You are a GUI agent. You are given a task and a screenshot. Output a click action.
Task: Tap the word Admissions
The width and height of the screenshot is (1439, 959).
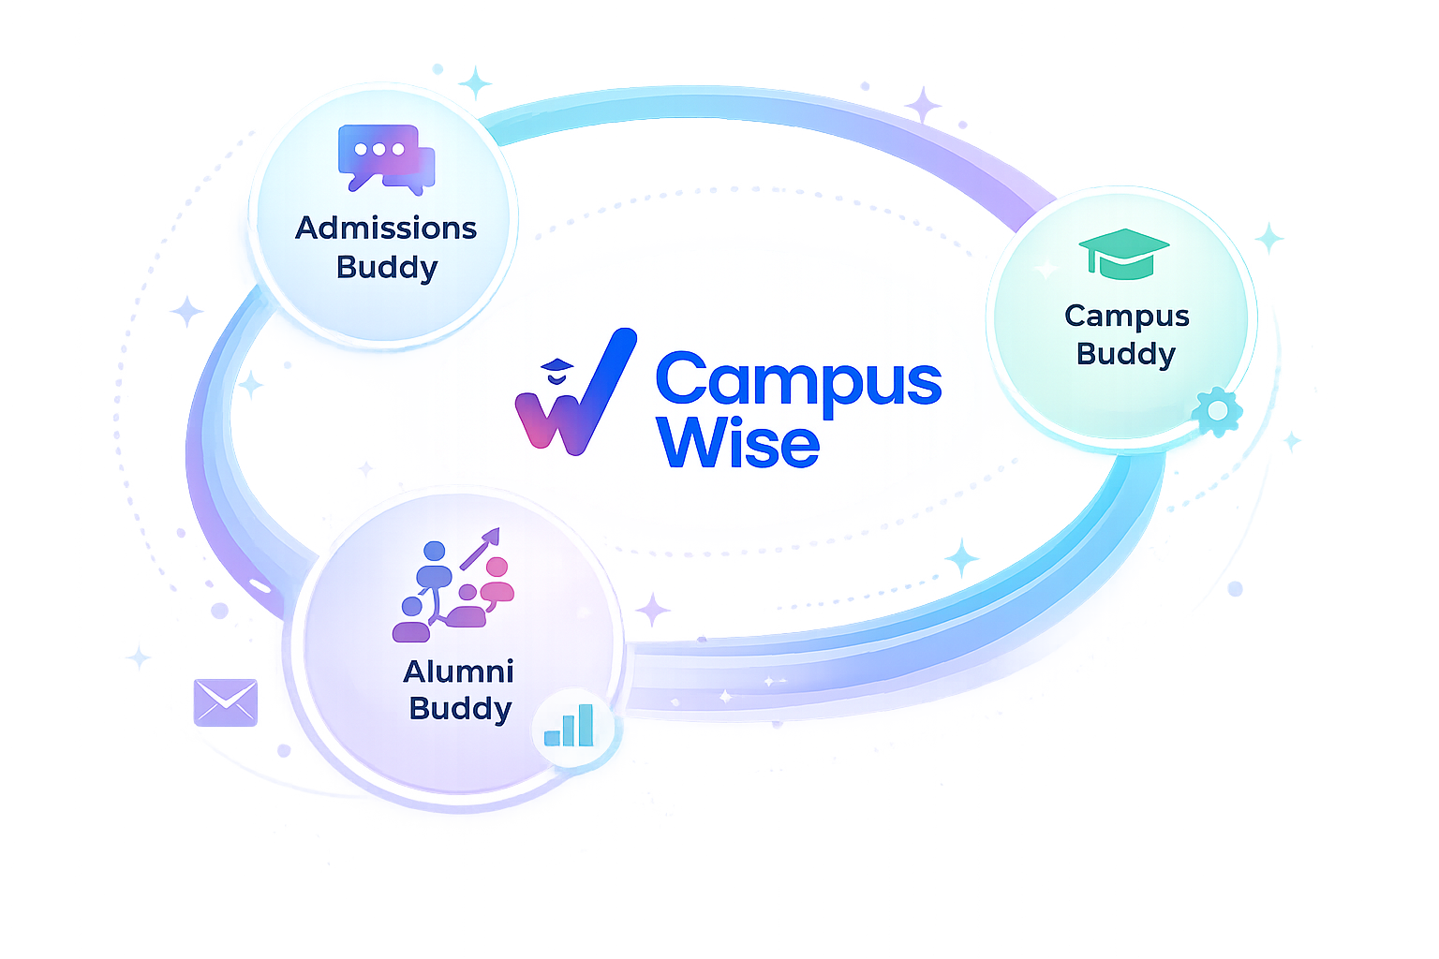(x=386, y=228)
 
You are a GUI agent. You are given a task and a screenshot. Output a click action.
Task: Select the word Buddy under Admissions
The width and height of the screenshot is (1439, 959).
(x=387, y=268)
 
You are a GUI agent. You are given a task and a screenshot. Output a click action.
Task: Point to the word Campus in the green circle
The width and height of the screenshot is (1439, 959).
(x=1126, y=317)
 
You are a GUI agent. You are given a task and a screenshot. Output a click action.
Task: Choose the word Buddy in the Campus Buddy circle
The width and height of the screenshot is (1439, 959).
(x=1125, y=354)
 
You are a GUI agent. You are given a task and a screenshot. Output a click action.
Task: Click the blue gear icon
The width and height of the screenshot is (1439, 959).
(x=1217, y=410)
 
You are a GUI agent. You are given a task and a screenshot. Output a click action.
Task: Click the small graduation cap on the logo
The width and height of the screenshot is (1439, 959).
(x=556, y=366)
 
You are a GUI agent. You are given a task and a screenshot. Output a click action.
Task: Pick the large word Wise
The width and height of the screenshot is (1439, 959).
(x=738, y=442)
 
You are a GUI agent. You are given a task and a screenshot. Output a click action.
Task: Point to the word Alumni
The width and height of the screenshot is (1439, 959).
(x=458, y=671)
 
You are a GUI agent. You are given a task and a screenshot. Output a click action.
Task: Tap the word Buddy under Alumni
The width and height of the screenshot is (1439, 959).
(x=460, y=708)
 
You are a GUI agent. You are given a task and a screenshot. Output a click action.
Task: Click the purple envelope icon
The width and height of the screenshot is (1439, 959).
(x=225, y=701)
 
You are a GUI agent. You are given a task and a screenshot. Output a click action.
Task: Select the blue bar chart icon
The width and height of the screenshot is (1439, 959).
(x=569, y=726)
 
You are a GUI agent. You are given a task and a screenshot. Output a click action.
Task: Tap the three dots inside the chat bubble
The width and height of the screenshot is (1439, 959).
(x=378, y=150)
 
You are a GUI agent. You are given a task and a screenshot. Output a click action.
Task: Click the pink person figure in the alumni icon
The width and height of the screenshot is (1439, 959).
(x=497, y=581)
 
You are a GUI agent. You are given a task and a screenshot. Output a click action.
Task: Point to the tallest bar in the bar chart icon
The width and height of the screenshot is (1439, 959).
(x=586, y=725)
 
